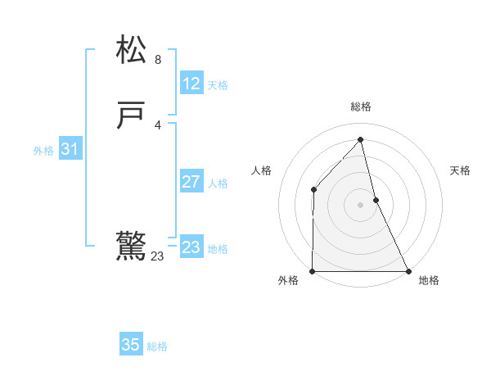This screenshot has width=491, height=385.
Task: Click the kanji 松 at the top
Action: click(132, 50)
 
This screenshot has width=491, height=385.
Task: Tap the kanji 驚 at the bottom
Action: click(132, 247)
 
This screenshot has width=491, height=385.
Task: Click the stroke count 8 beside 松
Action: click(158, 60)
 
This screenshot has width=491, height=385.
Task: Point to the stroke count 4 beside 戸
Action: click(158, 125)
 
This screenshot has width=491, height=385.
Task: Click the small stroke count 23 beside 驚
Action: click(157, 256)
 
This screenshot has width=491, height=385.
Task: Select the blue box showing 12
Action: click(191, 84)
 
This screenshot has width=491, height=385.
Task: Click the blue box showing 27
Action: click(191, 182)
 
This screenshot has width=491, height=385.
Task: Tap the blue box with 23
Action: click(191, 247)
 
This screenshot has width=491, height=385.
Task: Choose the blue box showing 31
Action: click(70, 149)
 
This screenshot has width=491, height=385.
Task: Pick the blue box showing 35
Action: click(131, 345)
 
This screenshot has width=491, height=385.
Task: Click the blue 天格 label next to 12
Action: click(218, 85)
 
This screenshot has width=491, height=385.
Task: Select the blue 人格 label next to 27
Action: click(218, 183)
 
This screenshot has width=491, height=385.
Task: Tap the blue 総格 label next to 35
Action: click(157, 346)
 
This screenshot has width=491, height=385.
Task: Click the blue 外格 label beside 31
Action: click(43, 151)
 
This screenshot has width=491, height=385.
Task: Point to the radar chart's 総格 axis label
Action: click(361, 106)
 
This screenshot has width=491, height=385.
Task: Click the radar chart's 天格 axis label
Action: click(460, 170)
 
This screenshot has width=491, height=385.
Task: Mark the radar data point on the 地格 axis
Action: click(408, 271)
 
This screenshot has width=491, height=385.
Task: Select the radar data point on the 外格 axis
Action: click(313, 271)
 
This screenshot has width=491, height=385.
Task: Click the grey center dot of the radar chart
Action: click(361, 205)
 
